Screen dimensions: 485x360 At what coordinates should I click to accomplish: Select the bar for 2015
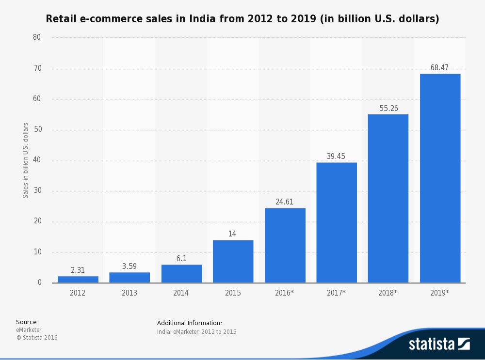233,262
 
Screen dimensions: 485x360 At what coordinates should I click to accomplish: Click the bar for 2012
78,280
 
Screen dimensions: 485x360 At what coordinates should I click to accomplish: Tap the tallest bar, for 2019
440,178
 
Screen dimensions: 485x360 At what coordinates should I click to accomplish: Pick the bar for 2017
337,222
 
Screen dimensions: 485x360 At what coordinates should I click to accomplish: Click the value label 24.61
284,202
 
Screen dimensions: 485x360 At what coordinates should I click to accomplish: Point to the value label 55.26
388,108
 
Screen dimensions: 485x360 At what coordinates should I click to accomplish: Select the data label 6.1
181,258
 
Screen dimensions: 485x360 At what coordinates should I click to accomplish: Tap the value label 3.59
129,266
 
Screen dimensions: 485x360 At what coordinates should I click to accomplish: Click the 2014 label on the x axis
181,293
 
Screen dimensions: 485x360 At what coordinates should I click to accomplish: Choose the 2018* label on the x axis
388,293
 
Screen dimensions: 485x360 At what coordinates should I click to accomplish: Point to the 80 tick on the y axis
37,37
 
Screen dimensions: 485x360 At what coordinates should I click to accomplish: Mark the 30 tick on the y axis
38,190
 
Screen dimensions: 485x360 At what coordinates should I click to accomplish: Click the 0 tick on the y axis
40,282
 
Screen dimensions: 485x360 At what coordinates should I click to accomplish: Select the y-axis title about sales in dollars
25,160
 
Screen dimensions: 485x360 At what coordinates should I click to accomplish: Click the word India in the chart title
202,18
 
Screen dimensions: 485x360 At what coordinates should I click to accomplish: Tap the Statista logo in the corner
439,344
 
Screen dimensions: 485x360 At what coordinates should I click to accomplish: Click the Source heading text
28,322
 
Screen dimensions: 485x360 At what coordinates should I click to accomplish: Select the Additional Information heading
190,323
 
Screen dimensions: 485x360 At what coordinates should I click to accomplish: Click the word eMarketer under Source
29,329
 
